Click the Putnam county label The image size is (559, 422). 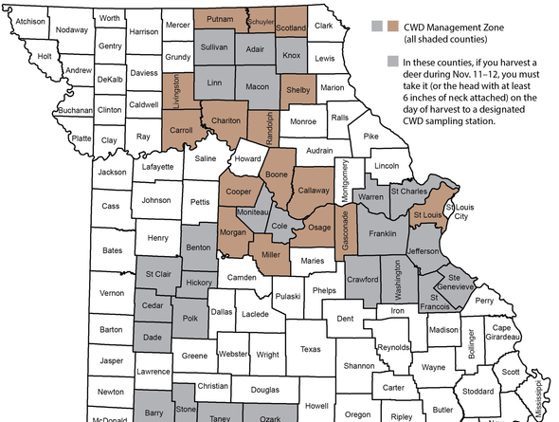(220, 18)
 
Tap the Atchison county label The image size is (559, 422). (30, 21)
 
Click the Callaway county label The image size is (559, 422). (314, 190)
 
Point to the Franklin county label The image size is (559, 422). (382, 232)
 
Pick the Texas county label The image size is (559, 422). (311, 348)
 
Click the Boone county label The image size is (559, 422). (274, 175)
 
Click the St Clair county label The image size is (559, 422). (157, 274)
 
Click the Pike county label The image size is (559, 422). (370, 137)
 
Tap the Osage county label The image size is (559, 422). (319, 228)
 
